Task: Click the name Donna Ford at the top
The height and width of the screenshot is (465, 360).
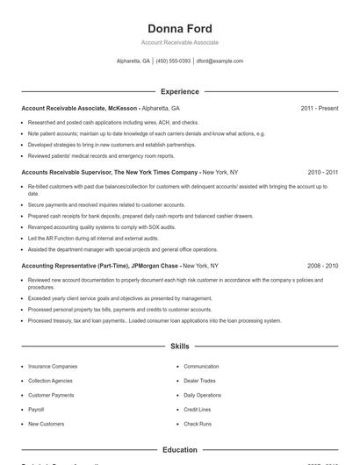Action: [179, 28]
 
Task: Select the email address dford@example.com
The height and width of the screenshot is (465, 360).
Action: [220, 61]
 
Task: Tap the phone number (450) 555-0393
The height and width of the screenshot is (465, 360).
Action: [174, 61]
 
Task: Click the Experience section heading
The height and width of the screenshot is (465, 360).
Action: [179, 91]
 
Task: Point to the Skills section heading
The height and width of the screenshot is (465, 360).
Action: [179, 347]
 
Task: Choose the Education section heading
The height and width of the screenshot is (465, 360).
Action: [179, 450]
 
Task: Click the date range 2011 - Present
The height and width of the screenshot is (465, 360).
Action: [319, 108]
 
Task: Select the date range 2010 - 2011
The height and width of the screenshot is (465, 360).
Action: [322, 172]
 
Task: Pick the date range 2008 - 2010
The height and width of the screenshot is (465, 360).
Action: [322, 265]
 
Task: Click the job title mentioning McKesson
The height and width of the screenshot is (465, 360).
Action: [79, 108]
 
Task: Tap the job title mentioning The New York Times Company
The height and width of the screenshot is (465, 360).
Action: [110, 172]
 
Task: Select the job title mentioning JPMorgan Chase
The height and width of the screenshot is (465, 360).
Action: [100, 265]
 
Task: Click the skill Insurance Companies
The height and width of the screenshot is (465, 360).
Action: [53, 366]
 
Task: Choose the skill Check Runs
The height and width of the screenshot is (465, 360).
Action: [198, 424]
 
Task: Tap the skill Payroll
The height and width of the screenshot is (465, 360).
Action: [36, 410]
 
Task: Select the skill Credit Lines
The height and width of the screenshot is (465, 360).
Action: [198, 410]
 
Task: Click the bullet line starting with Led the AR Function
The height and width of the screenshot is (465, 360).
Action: [81, 238]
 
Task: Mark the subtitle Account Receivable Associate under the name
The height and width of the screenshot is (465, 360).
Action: [179, 42]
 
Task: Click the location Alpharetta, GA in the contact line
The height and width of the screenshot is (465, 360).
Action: [133, 61]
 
